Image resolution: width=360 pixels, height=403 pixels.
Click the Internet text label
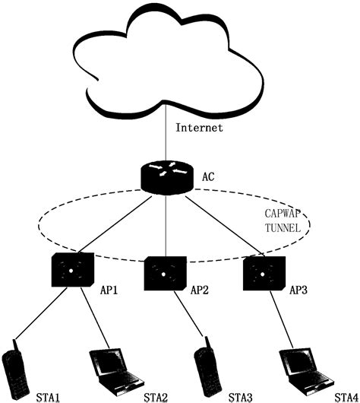click(200, 128)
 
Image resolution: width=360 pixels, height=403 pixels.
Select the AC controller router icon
click(166, 176)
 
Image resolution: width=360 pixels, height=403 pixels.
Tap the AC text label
click(209, 177)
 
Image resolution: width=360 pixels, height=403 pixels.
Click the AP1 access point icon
click(72, 268)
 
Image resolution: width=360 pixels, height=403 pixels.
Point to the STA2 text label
click(154, 395)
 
